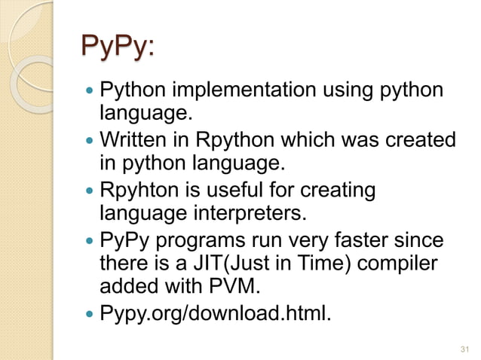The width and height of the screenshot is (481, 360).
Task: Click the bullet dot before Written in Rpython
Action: click(91, 142)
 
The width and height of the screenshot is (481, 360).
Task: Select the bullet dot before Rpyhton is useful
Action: click(91, 191)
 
